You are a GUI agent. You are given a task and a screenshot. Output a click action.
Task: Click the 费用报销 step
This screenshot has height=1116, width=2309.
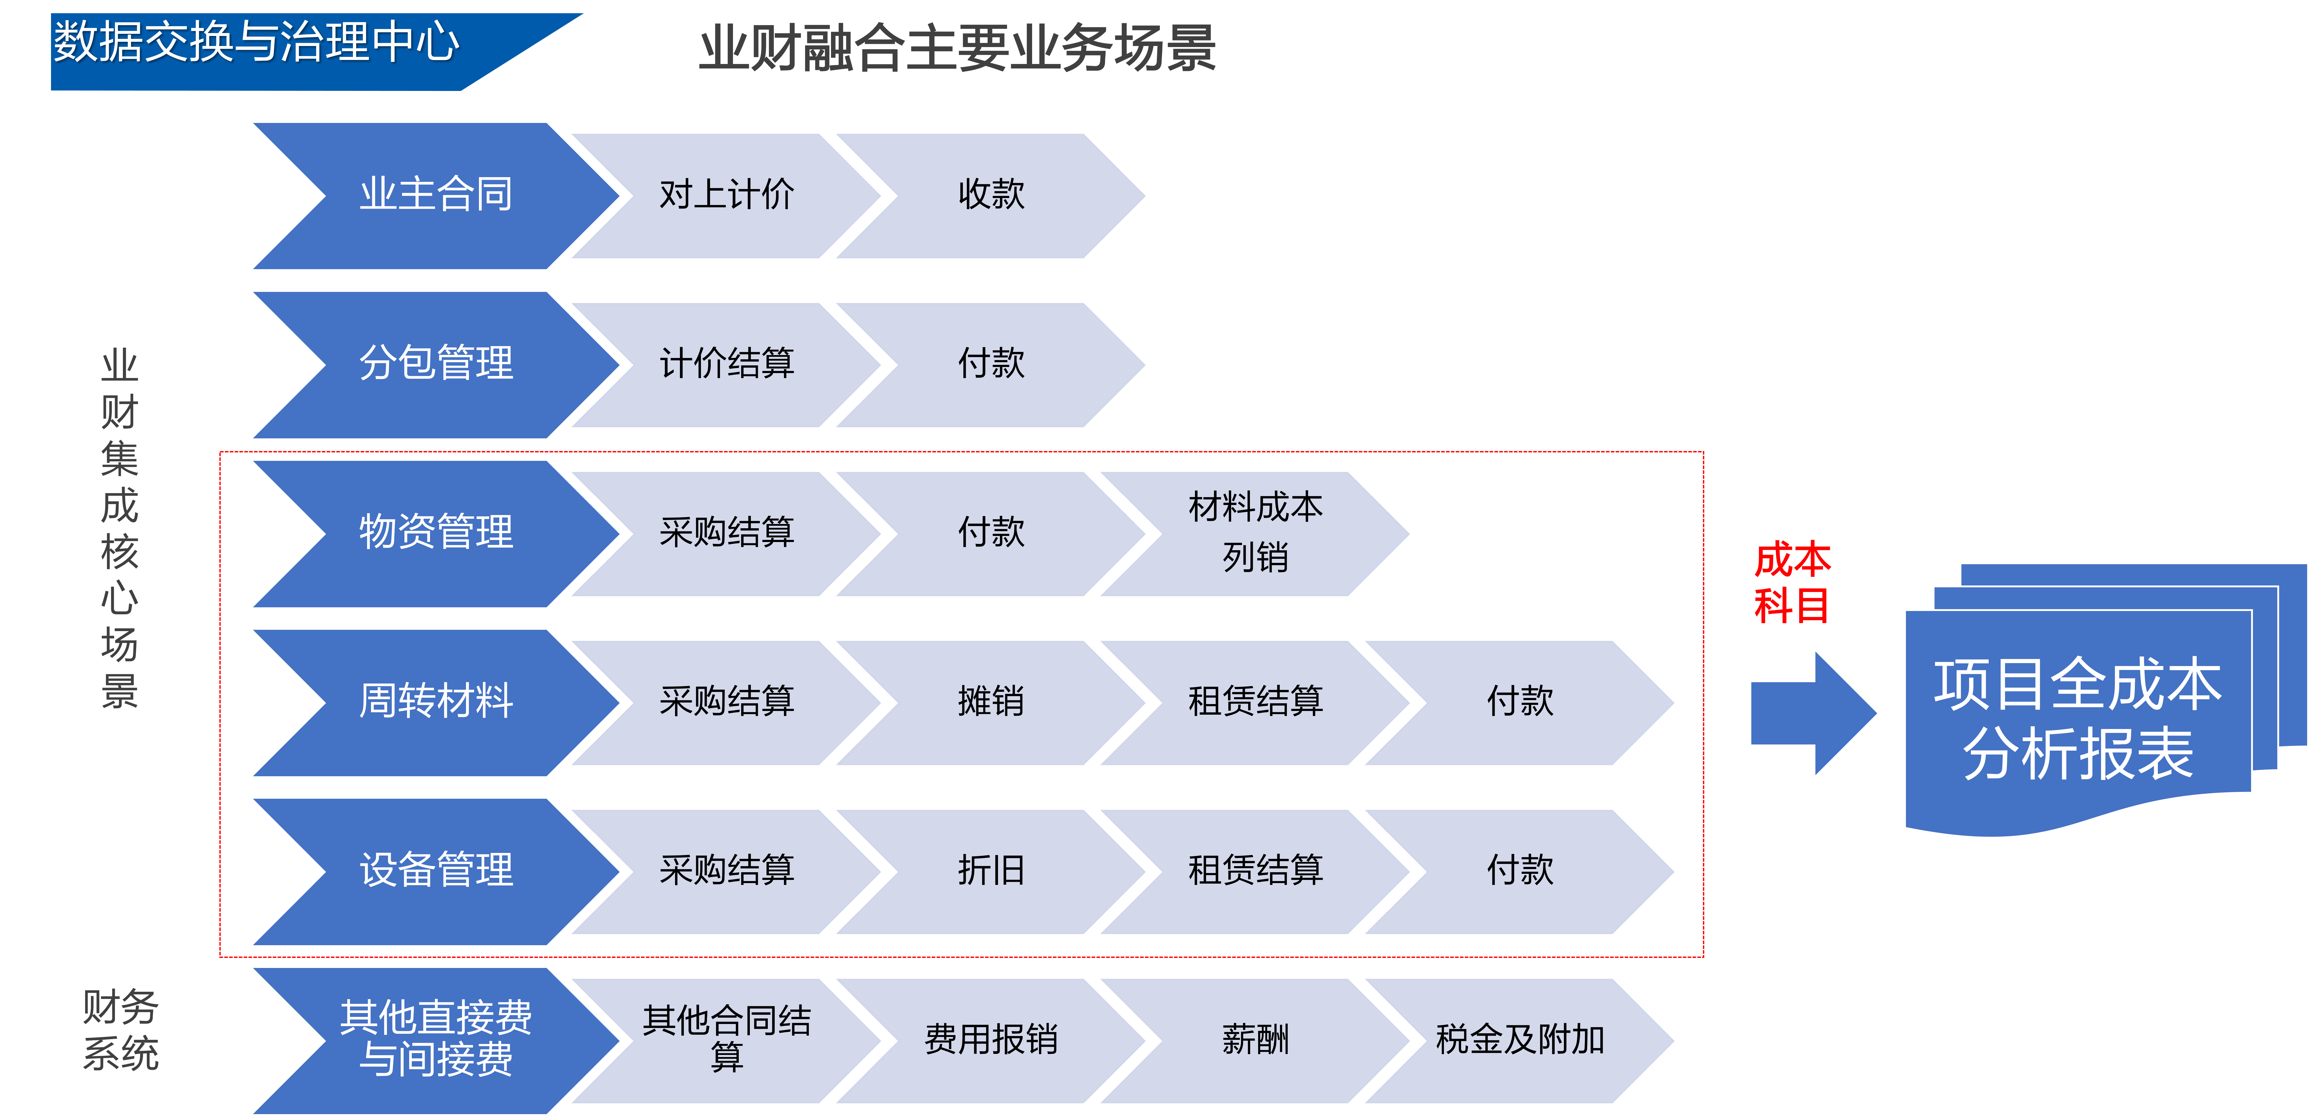990,1040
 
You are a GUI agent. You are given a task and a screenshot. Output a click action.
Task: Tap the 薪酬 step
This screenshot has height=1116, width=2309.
1255,1040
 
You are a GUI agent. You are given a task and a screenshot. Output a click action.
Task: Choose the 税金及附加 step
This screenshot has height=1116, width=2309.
1519,1040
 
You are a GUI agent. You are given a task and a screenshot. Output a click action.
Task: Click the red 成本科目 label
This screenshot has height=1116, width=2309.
1792,583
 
